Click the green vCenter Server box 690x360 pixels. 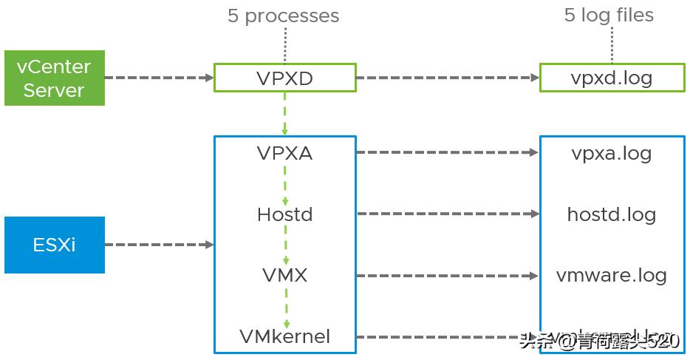[55, 78]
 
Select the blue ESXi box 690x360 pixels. [55, 245]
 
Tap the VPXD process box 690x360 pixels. [284, 78]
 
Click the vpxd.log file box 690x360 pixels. [611, 78]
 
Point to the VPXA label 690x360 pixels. [284, 153]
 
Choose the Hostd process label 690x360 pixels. [284, 214]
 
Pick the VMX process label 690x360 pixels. [284, 276]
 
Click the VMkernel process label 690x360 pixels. [284, 337]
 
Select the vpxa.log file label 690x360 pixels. [611, 153]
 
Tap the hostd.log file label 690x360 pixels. [611, 214]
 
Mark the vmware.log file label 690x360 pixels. [611, 276]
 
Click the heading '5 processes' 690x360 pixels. [283, 16]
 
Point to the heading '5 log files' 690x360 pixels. [609, 16]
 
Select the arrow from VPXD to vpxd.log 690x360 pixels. [448, 78]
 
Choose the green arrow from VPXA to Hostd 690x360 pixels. [284, 184]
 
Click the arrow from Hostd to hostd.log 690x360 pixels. [448, 214]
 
